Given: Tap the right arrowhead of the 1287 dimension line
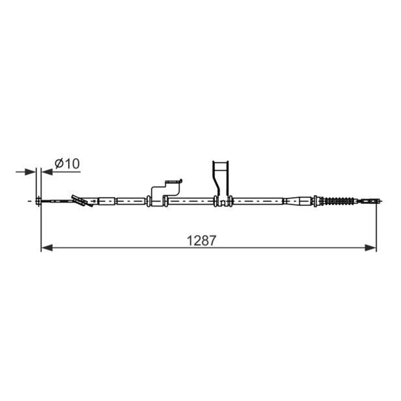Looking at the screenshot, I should tap(370, 247).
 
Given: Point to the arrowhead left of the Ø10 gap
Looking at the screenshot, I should tap(33, 172).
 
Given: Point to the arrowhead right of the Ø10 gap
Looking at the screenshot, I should tap(46, 172).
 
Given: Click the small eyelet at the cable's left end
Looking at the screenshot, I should tap(38, 202).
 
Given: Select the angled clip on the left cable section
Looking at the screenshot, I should tap(82, 200).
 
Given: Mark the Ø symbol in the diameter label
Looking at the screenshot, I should tap(58, 163).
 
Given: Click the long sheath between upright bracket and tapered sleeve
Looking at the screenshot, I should tap(258, 202).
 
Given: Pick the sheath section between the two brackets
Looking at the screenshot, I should tap(191, 202).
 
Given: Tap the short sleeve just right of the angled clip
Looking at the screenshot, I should tap(106, 202).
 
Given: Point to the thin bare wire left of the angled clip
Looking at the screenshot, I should tap(58, 202).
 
